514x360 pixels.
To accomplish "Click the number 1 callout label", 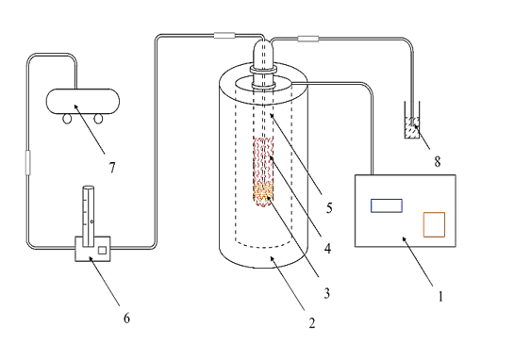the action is pos(440,297).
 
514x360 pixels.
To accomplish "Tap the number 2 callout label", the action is pos(312,323).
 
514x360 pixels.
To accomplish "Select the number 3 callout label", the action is pos(326,293).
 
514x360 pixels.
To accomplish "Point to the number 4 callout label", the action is pos(327,249).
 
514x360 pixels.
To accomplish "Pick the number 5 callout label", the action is pos(329,207).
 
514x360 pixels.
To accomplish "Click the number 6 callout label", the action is pos(127,318).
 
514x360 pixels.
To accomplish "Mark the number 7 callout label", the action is pos(112,168).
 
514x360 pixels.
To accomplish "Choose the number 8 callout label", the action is pos(438,161).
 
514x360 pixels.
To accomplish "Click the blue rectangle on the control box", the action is pos(387,205).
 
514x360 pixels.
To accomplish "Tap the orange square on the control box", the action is pos(434,224).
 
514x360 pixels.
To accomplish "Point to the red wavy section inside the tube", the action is pos(263,160).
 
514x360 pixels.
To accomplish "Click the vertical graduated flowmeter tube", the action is pos(88,216).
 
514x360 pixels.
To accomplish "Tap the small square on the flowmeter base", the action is pos(102,251).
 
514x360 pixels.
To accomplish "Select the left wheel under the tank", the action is pos(67,119).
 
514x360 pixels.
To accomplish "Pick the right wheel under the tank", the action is pos(98,119).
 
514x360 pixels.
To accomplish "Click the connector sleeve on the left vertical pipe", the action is pos(28,162).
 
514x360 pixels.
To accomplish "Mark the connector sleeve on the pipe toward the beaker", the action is pos(308,39).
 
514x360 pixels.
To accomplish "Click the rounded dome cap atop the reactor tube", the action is pos(263,53).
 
